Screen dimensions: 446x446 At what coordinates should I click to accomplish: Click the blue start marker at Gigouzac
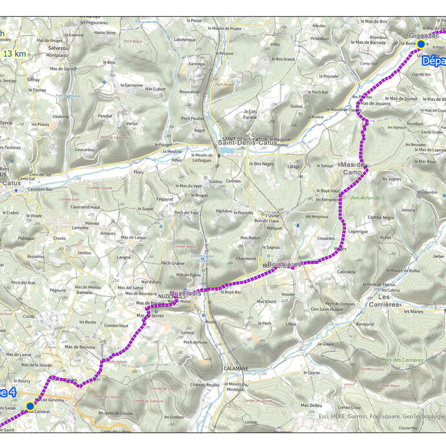tap(421, 44)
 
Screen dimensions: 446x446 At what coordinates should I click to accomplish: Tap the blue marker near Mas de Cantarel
tap(30, 406)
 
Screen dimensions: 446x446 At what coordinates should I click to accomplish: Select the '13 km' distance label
tap(15, 54)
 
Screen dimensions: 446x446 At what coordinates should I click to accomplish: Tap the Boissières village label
tap(282, 264)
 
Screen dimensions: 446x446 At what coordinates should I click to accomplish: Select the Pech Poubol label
tap(193, 118)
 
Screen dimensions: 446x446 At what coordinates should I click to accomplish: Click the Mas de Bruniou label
tap(81, 347)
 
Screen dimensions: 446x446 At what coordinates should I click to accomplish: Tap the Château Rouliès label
tap(204, 385)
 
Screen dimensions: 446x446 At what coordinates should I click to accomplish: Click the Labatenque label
tap(184, 39)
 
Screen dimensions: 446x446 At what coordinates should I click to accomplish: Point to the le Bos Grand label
tap(283, 59)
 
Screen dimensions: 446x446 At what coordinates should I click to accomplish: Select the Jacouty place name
tap(408, 209)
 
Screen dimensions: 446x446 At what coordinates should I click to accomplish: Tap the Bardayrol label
tap(365, 324)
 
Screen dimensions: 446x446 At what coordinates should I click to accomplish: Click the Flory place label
tap(138, 173)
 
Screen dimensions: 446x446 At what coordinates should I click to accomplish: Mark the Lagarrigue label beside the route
tap(357, 231)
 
